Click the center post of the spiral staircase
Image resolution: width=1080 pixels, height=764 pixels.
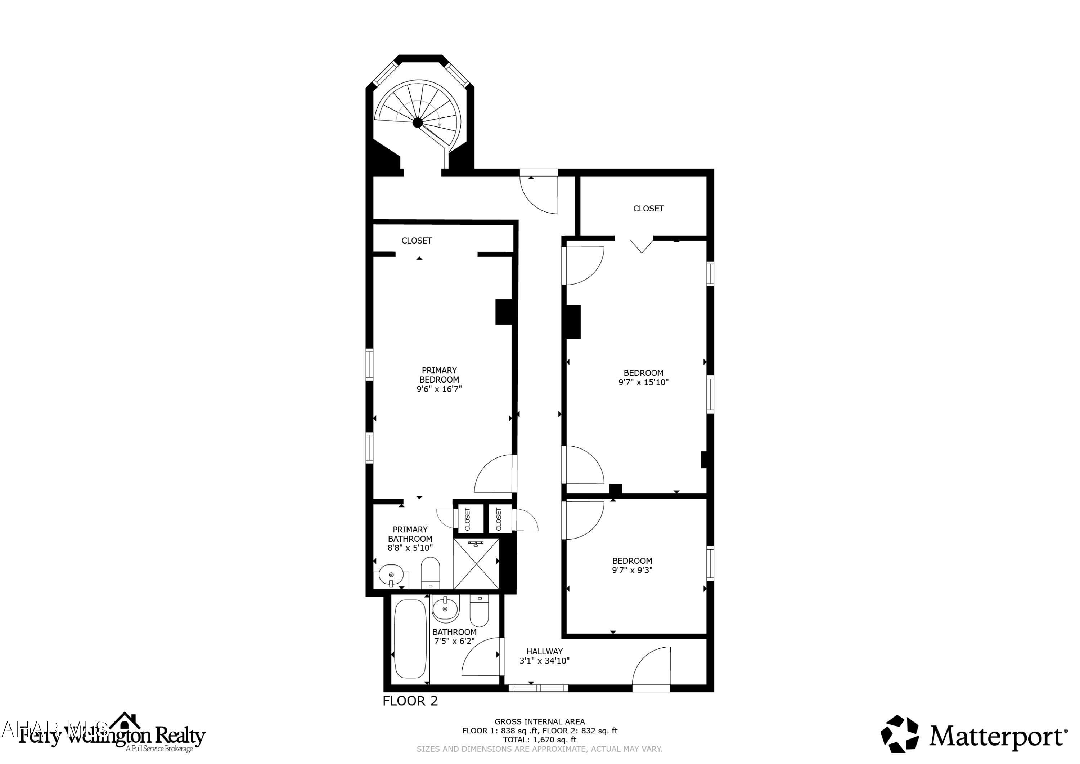pos(417,123)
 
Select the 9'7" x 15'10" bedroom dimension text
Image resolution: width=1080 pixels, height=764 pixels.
pos(643,382)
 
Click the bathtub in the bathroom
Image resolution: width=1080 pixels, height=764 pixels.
pos(410,638)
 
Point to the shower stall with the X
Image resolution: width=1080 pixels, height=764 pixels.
pos(476,564)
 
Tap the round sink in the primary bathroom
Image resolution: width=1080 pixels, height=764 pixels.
pos(391,575)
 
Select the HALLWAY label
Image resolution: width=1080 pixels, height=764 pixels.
pos(544,652)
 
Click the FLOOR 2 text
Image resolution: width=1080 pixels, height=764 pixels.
pos(410,701)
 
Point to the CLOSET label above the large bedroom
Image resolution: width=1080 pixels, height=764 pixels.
pos(648,209)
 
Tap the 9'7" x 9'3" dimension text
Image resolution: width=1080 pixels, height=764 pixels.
pos(632,570)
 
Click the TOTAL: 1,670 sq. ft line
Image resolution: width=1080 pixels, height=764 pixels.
pos(540,740)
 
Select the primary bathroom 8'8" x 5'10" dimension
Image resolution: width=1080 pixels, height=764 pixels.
pos(410,548)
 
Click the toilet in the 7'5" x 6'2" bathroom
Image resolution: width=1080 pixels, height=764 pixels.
pos(479,610)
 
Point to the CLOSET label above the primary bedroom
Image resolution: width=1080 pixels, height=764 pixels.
pos(416,241)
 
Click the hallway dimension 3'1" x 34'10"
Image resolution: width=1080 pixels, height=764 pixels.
pos(544,661)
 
